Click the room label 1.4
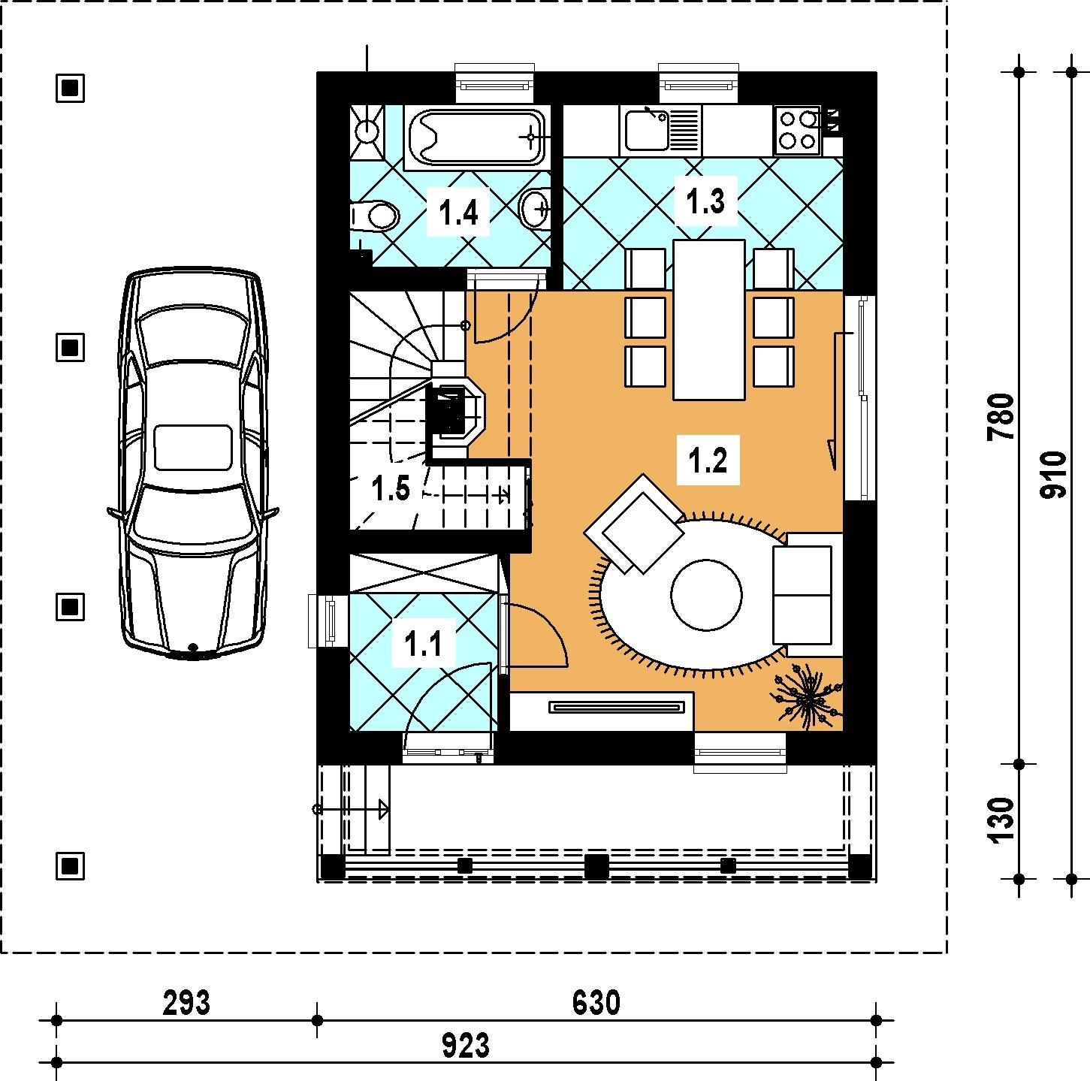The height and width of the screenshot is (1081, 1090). pyautogui.click(x=458, y=213)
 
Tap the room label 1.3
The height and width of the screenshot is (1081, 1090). pyautogui.click(x=705, y=201)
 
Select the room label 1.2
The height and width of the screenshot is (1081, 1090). pyautogui.click(x=708, y=460)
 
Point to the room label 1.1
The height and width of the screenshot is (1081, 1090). pyautogui.click(x=423, y=644)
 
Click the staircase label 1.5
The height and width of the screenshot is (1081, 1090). pyautogui.click(x=391, y=488)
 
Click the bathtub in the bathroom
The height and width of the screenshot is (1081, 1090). pyautogui.click(x=476, y=137)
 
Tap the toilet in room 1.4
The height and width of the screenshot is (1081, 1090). pyautogui.click(x=374, y=216)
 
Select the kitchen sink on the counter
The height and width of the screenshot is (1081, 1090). pyautogui.click(x=660, y=130)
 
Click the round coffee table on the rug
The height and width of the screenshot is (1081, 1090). pyautogui.click(x=706, y=594)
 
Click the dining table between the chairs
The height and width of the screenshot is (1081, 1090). pyautogui.click(x=708, y=319)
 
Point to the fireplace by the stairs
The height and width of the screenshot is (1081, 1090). pyautogui.click(x=455, y=411)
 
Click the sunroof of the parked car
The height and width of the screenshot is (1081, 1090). pyautogui.click(x=193, y=448)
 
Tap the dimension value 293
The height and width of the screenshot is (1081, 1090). pyautogui.click(x=186, y=1003)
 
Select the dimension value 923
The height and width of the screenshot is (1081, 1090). pyautogui.click(x=466, y=1046)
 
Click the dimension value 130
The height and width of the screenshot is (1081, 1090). pyautogui.click(x=1002, y=820)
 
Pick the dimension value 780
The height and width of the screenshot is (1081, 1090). pyautogui.click(x=1001, y=417)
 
